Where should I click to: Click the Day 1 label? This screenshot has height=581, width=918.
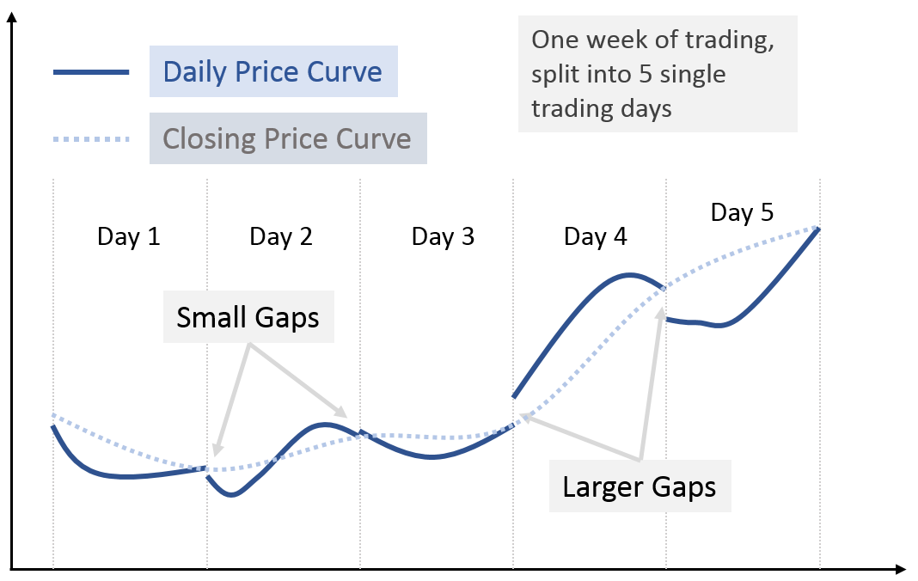coord(129,236)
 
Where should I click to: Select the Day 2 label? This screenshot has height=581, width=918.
coord(281,236)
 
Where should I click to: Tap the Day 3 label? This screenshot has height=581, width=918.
coord(444,236)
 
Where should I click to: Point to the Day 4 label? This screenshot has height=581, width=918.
coord(596,236)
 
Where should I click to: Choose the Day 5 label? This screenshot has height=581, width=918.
coord(743,212)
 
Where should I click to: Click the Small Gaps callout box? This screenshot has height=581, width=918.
coord(248,317)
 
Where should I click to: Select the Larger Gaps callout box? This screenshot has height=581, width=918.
coord(640,486)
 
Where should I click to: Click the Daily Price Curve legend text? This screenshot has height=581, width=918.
coord(272,71)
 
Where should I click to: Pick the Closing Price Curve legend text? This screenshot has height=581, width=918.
coord(287,139)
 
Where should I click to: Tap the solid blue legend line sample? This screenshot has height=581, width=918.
coord(91,72)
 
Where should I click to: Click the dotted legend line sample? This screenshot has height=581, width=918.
coord(91,139)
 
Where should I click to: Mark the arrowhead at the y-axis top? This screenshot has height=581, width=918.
coord(12,16)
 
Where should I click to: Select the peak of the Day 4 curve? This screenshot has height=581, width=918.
coord(630,274)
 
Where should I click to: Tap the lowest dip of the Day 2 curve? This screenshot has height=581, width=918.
coord(232,495)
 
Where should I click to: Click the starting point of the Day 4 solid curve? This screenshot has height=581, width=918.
coord(514,397)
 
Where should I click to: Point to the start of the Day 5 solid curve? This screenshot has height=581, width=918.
coord(667,319)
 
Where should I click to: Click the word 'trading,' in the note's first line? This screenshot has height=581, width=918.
coord(730,40)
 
